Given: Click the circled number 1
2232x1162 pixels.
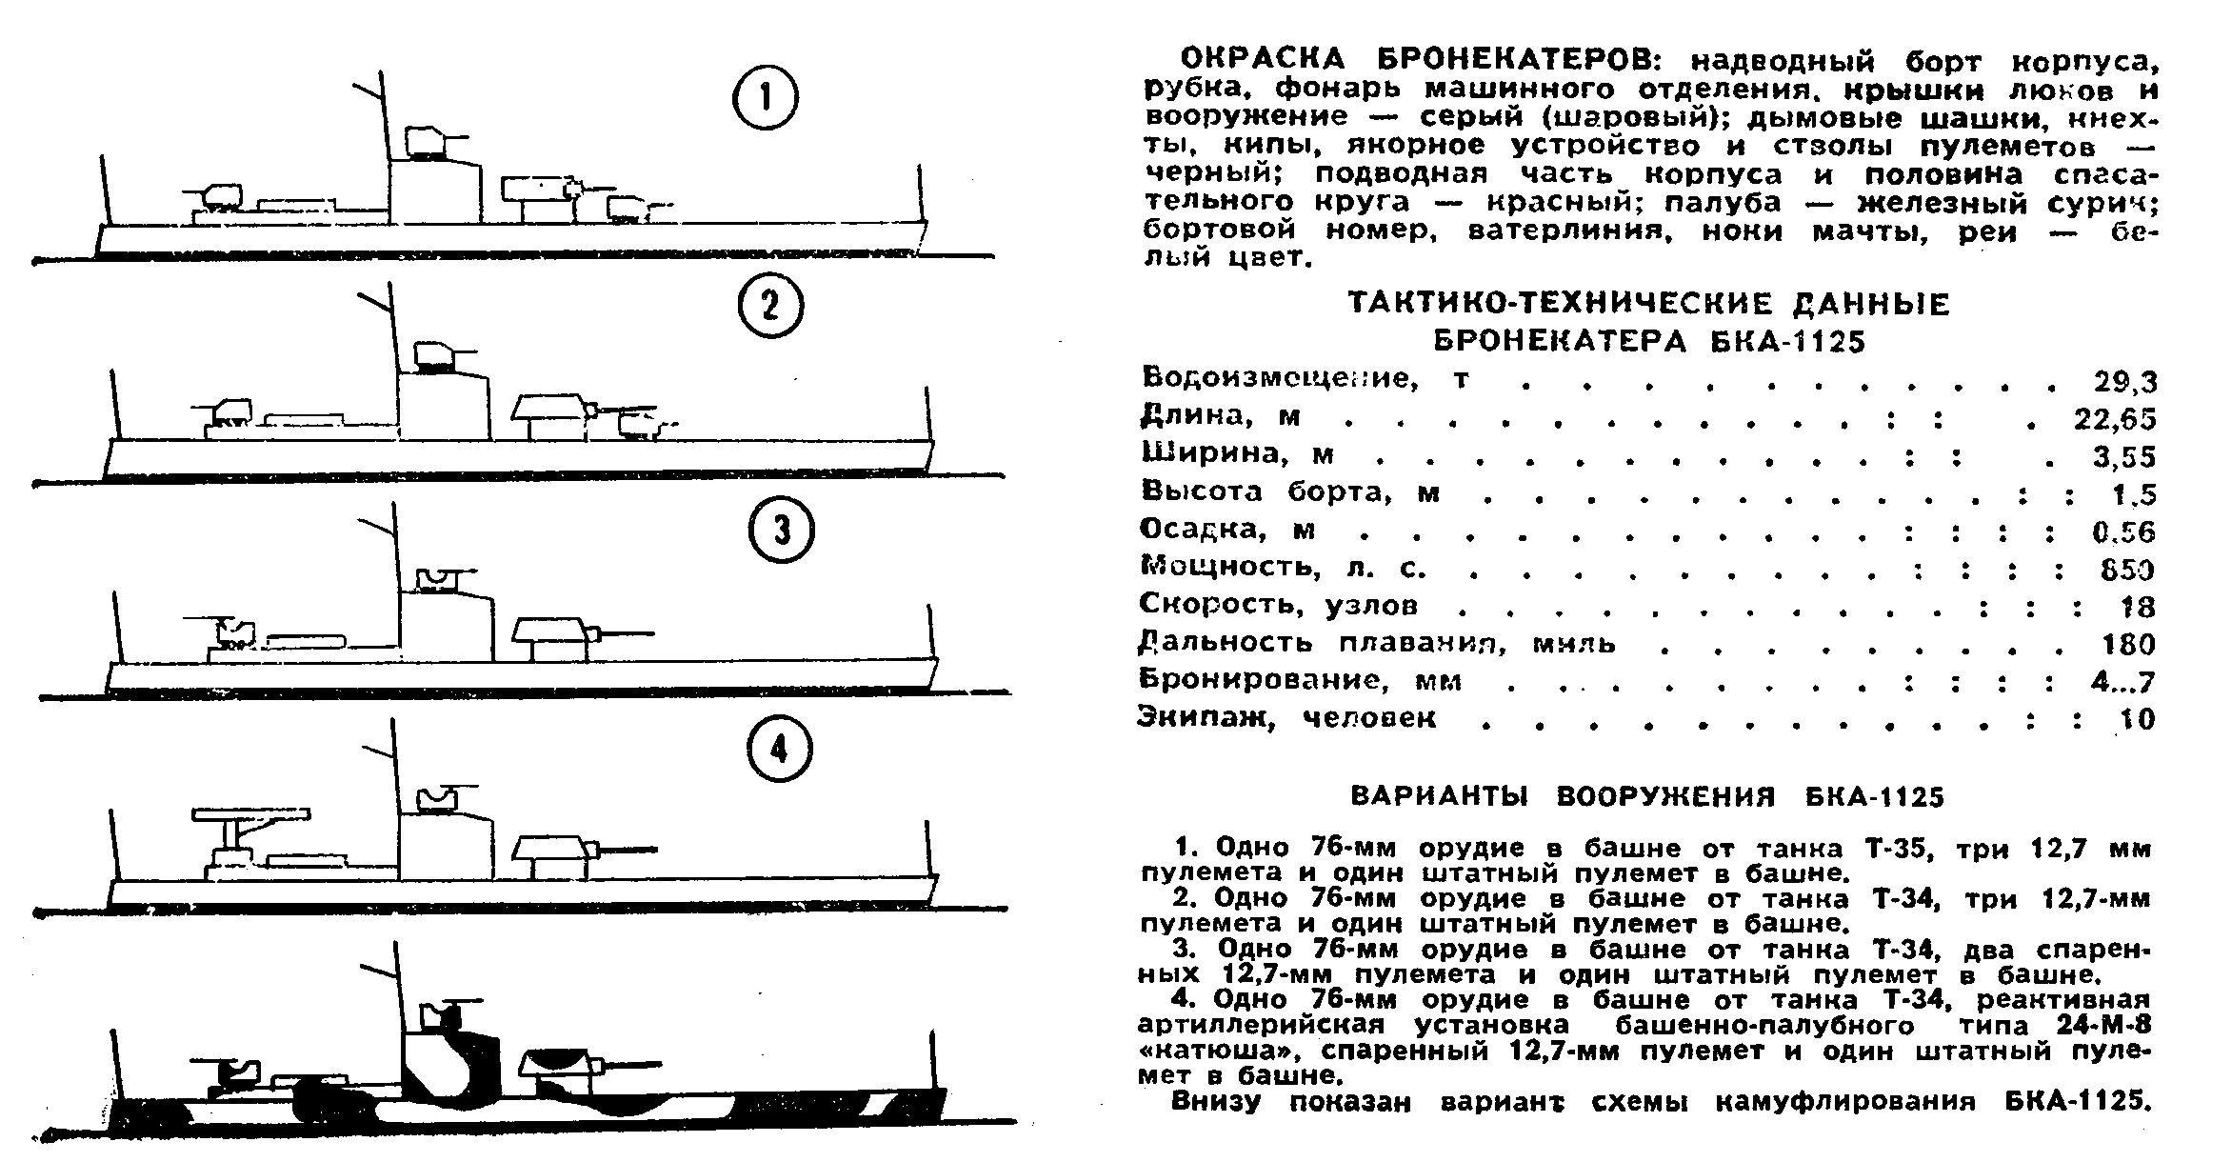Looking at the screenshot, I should (x=765, y=99).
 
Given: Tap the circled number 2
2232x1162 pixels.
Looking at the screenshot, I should (x=770, y=307).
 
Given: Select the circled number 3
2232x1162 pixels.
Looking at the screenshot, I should (x=781, y=530).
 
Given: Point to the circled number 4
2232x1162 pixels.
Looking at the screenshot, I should (x=779, y=751).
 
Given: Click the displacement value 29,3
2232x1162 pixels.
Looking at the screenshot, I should (x=2124, y=382).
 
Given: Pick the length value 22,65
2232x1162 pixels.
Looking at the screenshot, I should (x=2115, y=419).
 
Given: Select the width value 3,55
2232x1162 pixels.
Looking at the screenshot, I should (x=2124, y=457).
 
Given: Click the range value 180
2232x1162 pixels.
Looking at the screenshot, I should (x=2128, y=645).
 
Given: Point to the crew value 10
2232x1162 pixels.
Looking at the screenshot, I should (x=2136, y=719).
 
